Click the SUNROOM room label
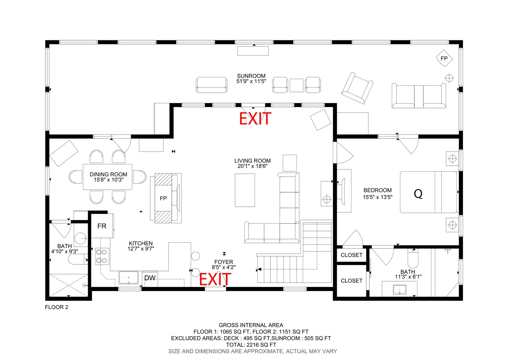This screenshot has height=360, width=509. [251, 76]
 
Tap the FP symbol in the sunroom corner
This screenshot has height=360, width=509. [444, 58]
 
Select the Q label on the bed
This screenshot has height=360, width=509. [418, 194]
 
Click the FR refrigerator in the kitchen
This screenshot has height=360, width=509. [102, 226]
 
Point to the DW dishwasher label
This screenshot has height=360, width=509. [150, 278]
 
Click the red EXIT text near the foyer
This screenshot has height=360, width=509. [215, 279]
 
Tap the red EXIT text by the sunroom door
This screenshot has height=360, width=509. [255, 118]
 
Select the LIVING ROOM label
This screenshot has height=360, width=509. [253, 161]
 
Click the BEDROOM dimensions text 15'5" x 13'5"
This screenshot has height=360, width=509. [378, 197]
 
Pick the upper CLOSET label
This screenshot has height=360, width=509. [351, 255]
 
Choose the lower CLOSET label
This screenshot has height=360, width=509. [351, 281]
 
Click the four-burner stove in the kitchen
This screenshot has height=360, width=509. [102, 257]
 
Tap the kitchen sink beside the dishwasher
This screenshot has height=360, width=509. [128, 278]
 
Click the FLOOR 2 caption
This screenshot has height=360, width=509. [57, 307]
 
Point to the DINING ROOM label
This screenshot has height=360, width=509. [108, 174]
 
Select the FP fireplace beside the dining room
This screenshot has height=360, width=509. [163, 198]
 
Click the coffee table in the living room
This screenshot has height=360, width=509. [245, 190]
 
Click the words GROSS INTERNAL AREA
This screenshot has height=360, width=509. [251, 325]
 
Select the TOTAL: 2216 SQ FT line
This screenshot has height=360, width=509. [251, 345]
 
